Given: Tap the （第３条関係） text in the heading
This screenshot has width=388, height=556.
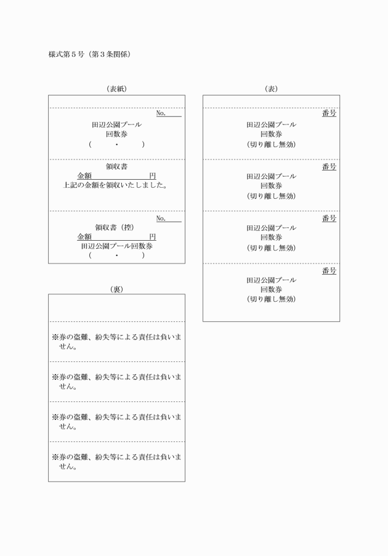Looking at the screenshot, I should (x=111, y=54).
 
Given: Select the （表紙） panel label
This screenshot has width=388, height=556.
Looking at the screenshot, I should (x=116, y=89).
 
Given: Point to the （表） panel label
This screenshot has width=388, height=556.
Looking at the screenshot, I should (x=271, y=89).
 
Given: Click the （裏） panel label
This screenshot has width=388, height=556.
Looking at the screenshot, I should (x=116, y=289).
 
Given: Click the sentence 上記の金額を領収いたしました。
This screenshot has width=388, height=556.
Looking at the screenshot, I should (x=116, y=185).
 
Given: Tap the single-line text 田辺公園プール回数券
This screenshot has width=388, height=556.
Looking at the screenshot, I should (x=116, y=246).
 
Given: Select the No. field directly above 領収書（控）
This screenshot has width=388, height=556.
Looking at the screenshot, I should (x=161, y=218).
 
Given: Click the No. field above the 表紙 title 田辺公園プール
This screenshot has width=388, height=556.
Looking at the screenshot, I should (x=161, y=114).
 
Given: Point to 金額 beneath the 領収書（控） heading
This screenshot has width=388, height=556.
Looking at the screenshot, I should (x=84, y=236).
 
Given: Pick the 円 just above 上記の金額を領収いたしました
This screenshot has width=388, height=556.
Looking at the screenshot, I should (x=152, y=175).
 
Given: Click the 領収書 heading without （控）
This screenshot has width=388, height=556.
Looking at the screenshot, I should (x=116, y=166).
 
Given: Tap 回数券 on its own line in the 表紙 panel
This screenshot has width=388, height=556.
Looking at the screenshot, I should (x=116, y=134).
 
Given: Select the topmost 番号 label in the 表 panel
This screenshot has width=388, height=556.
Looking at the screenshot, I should (x=329, y=114).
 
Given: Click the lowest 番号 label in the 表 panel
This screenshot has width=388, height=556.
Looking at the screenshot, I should (x=329, y=271).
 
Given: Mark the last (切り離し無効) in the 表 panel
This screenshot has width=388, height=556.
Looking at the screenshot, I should (x=271, y=299).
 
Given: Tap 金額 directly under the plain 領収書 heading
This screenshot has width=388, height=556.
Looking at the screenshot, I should (x=84, y=175).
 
